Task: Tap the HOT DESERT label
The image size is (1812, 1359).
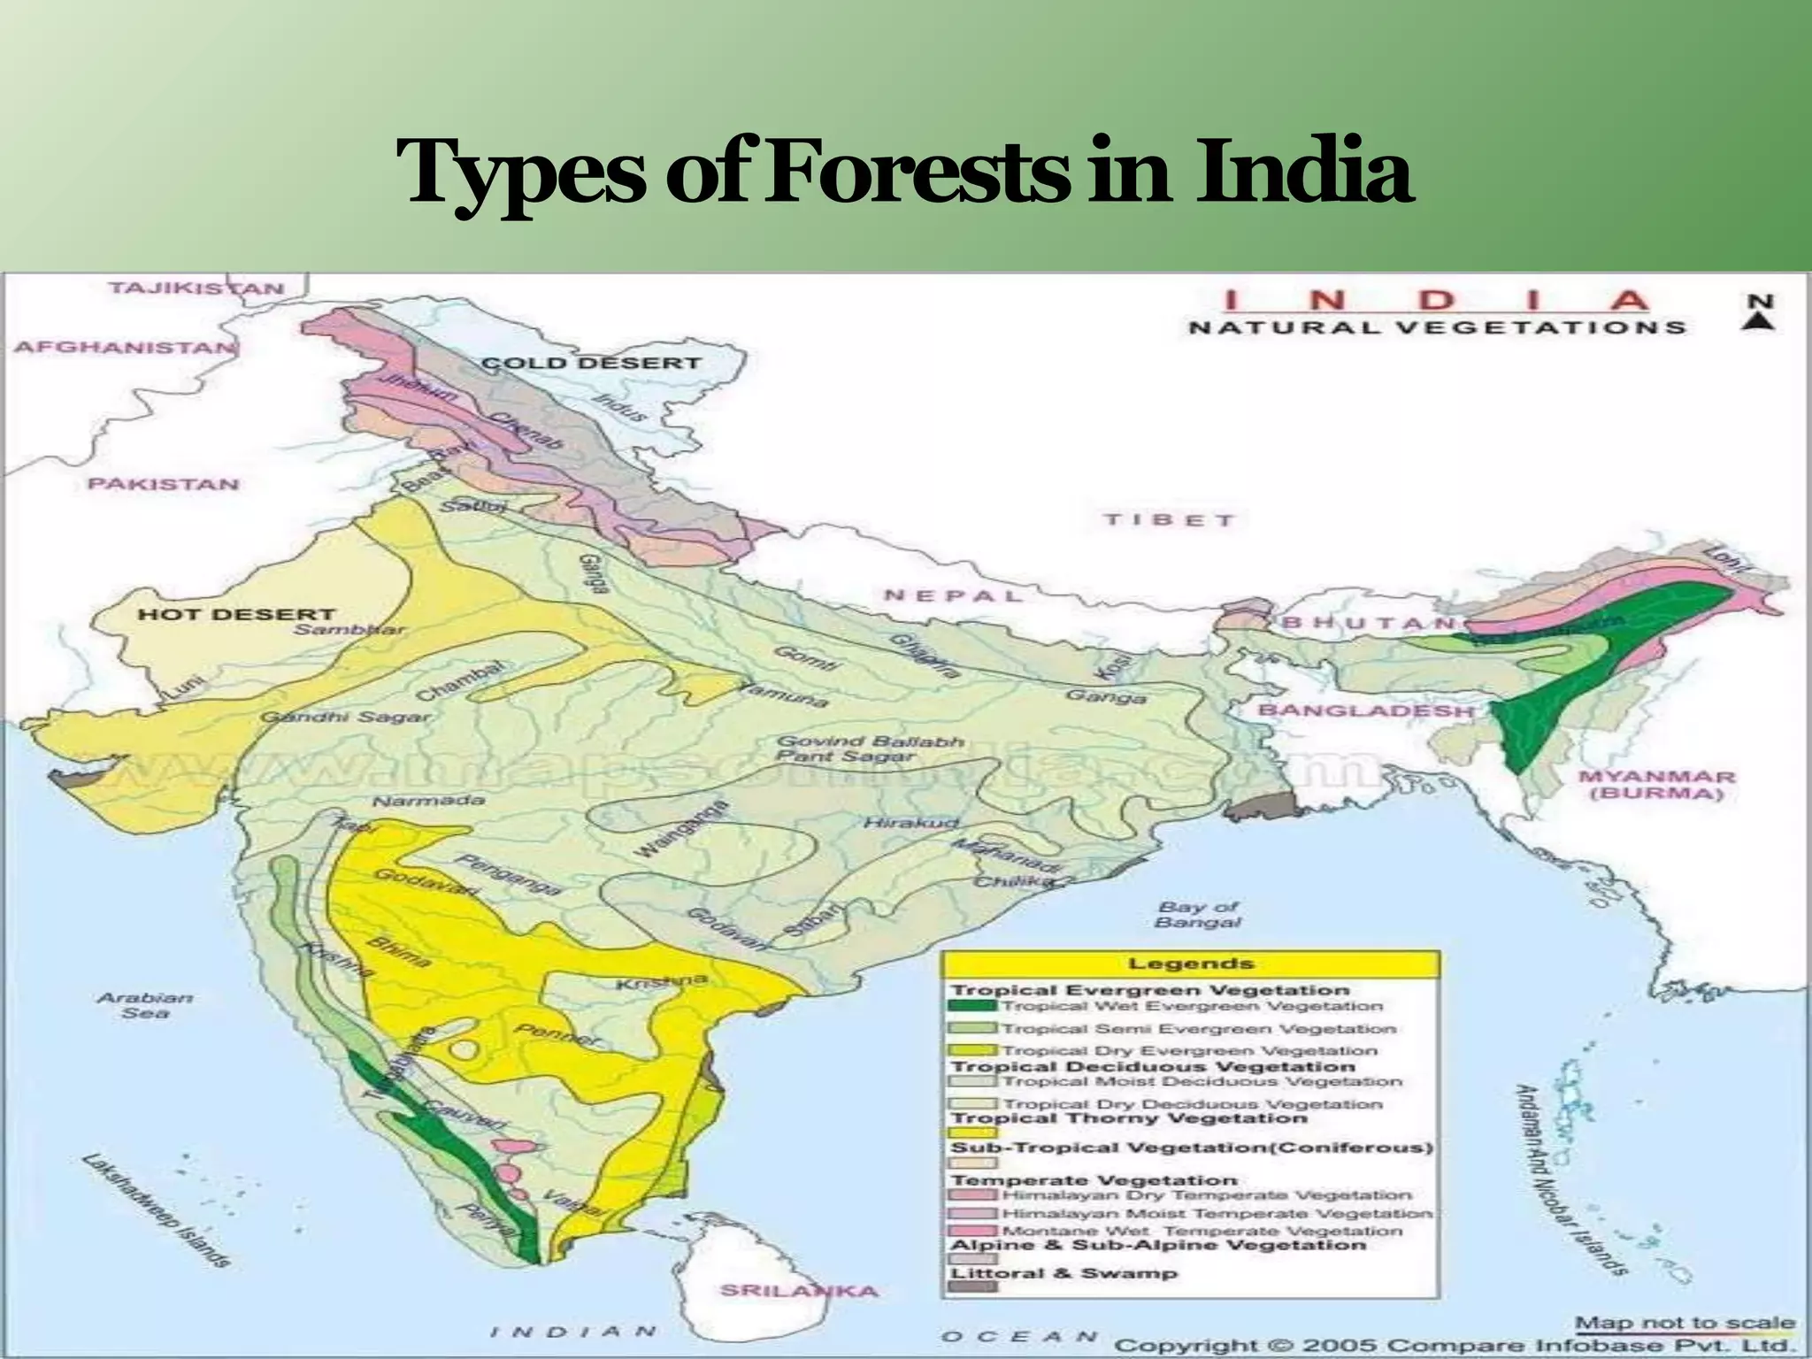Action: click(x=236, y=613)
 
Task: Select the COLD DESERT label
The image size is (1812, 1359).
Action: click(x=591, y=363)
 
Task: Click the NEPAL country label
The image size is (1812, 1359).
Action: click(x=953, y=595)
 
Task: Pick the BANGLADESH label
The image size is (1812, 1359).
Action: click(x=1366, y=710)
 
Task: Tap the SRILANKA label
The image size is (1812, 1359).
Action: click(x=799, y=1290)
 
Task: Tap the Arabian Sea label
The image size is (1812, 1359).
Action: click(x=145, y=1004)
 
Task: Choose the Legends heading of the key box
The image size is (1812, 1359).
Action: click(x=1191, y=964)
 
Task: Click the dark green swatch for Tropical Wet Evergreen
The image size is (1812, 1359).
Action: click(x=971, y=1006)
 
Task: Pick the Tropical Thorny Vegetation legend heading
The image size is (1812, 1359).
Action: click(x=1128, y=1118)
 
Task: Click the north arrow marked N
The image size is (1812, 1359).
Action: click(x=1760, y=312)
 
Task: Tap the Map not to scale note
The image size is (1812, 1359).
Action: click(x=1685, y=1324)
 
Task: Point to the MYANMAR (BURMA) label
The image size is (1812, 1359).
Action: click(x=1656, y=785)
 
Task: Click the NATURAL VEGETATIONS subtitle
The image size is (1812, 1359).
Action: click(x=1437, y=327)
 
